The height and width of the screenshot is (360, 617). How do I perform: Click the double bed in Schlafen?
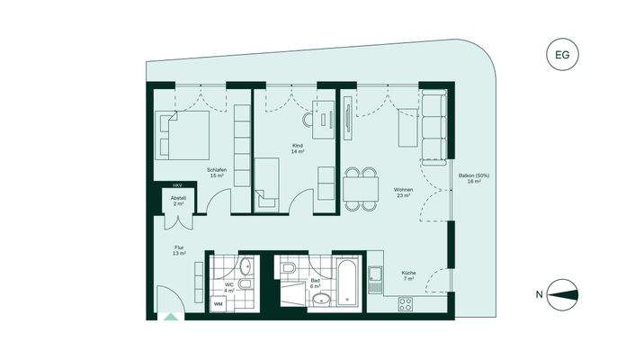(x=183, y=134)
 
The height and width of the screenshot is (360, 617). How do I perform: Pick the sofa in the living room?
(x=434, y=126)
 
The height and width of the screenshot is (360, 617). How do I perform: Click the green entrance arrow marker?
(x=170, y=316)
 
